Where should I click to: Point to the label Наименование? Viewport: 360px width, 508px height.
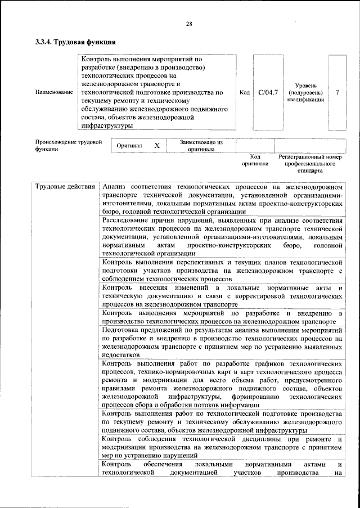(x=54, y=92)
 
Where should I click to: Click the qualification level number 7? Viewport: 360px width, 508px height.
(x=336, y=92)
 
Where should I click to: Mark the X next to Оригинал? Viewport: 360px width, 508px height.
(x=157, y=146)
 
